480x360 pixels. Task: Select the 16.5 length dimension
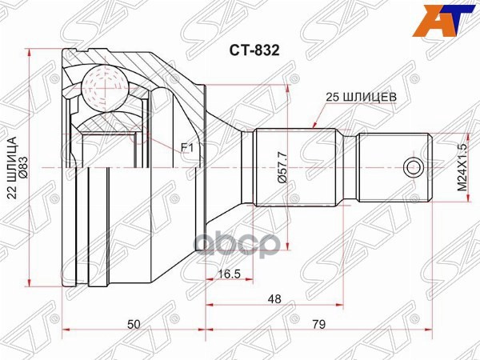click(230, 274)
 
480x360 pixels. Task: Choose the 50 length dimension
click(134, 324)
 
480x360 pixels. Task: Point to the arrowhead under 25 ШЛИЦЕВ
click(317, 125)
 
